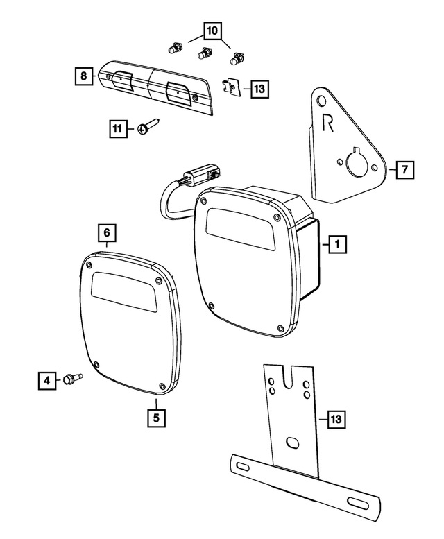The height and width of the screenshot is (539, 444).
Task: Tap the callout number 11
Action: pos(118,128)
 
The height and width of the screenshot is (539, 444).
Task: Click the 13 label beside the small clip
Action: pos(259,89)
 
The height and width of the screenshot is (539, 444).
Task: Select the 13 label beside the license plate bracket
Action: pos(335,419)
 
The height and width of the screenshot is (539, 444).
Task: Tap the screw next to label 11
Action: pos(148,128)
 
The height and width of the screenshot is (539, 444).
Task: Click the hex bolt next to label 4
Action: pos(71,379)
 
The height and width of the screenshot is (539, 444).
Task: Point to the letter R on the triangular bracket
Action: pos(330,123)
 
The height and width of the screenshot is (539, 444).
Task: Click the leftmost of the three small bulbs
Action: pos(174,49)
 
